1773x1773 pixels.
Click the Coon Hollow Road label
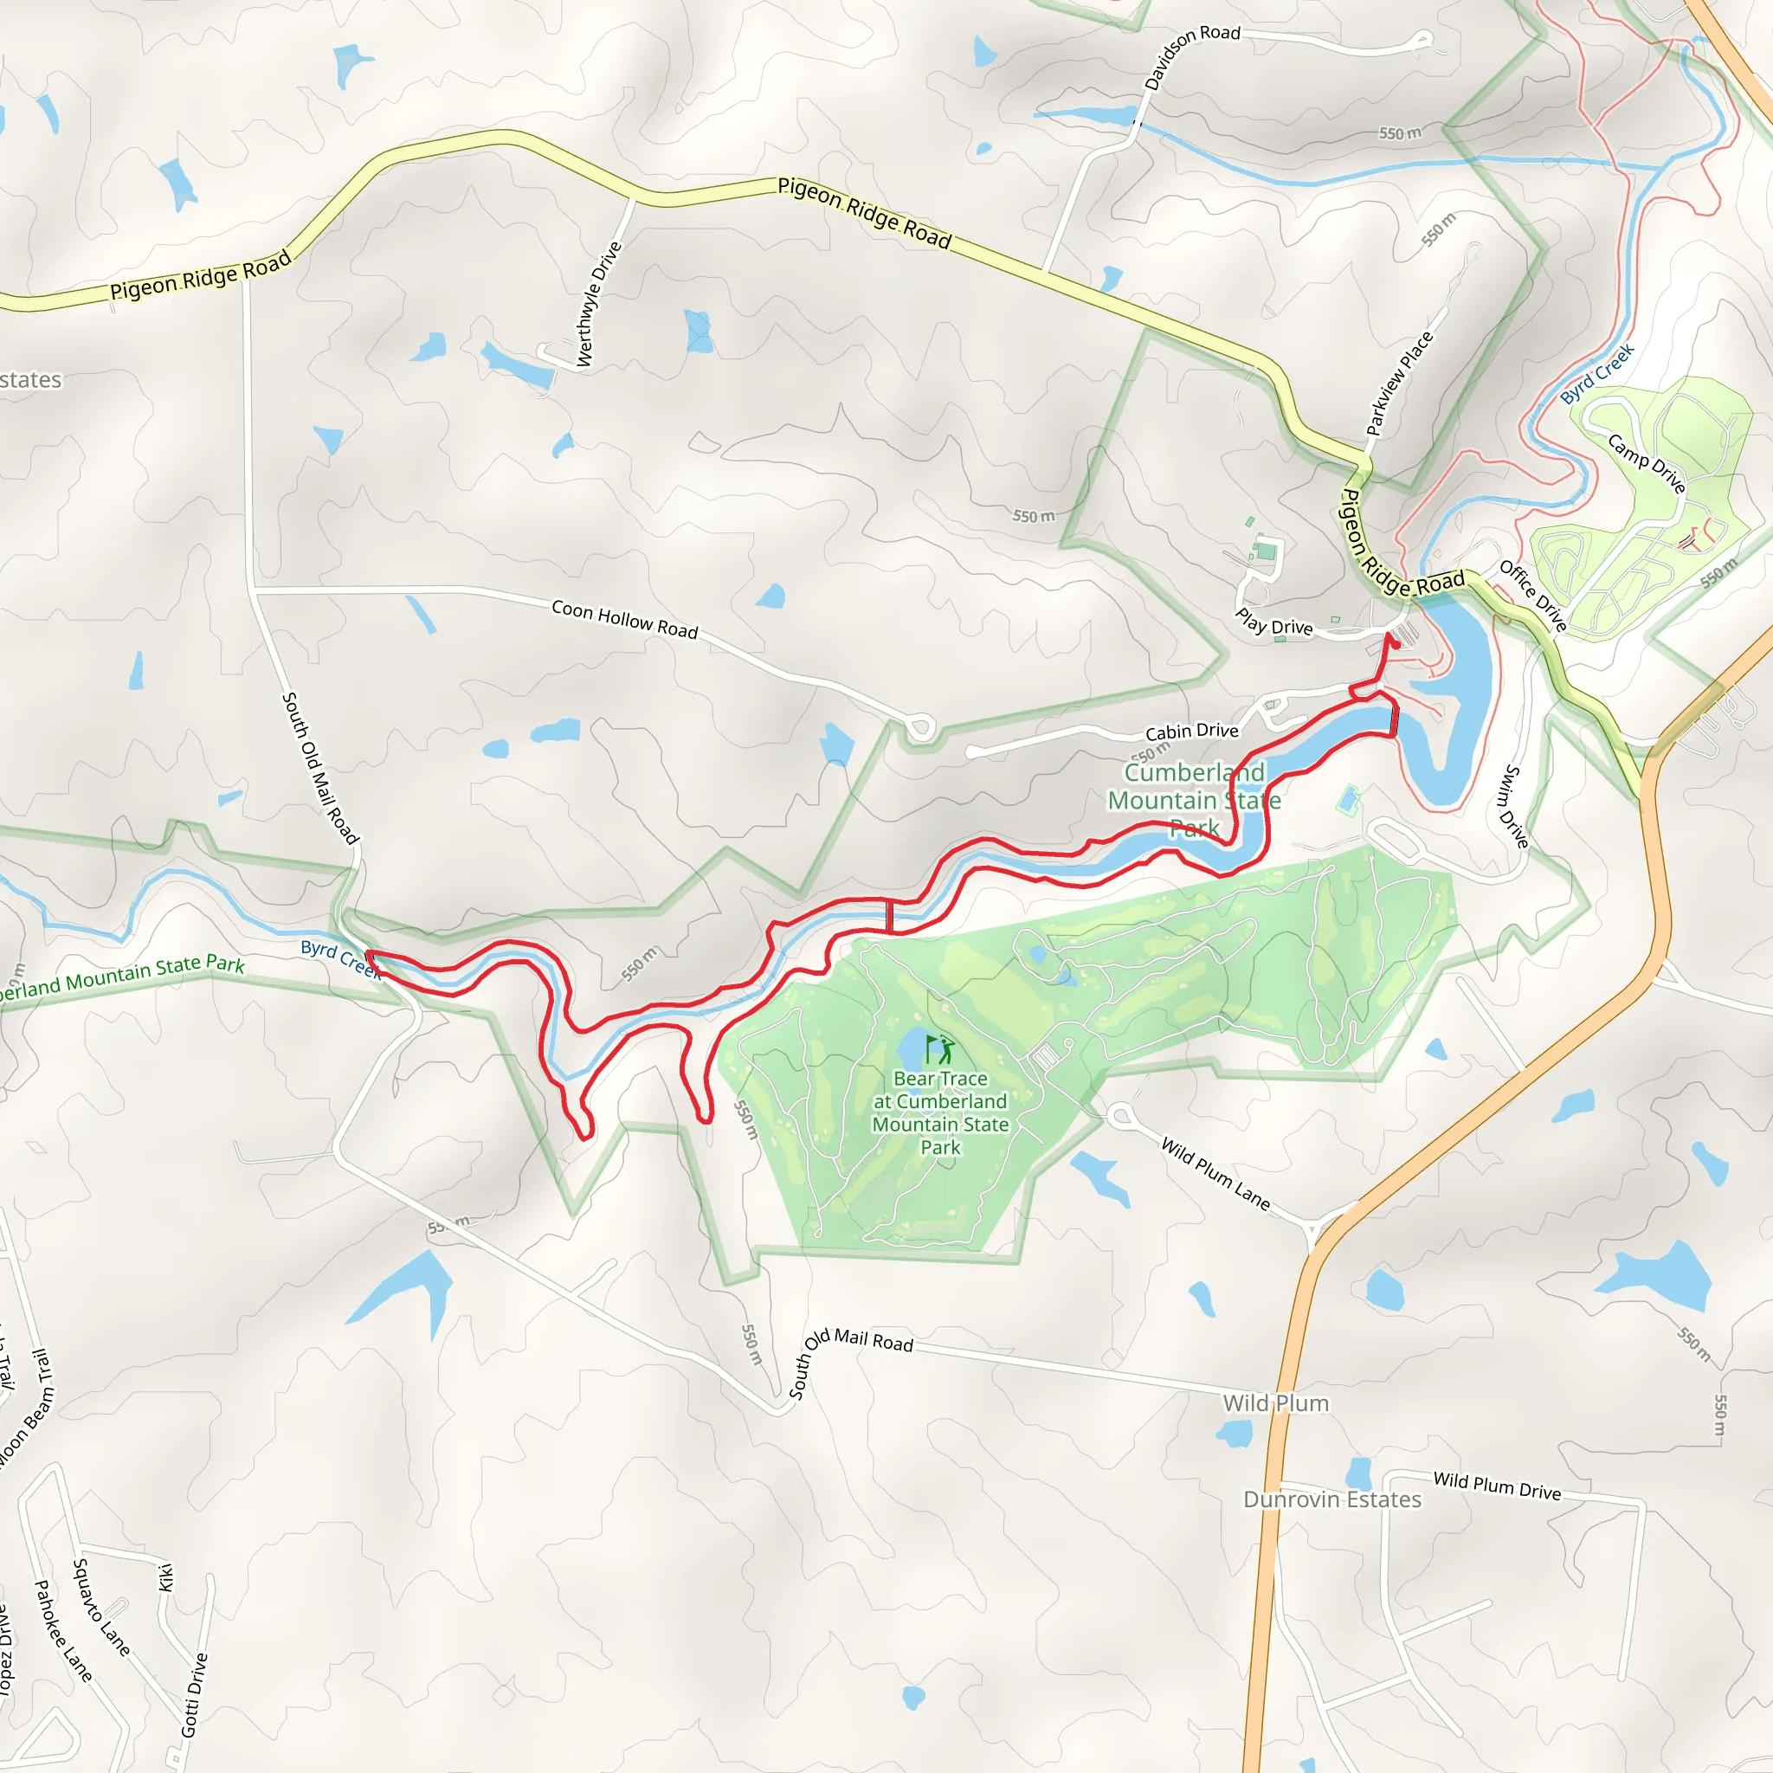click(x=624, y=620)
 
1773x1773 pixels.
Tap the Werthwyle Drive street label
click(x=598, y=304)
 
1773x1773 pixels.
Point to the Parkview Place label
click(x=1400, y=384)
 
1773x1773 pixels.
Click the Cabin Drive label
click(x=1191, y=732)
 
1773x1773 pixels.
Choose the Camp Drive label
click(x=1647, y=463)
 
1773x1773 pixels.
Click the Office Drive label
click(x=1532, y=596)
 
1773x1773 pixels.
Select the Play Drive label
click(x=1273, y=622)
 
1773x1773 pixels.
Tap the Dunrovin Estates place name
click(x=1331, y=1499)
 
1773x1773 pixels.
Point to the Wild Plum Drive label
click(x=1497, y=1486)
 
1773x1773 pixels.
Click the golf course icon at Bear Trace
click(x=939, y=1049)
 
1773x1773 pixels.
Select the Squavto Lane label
click(x=101, y=1607)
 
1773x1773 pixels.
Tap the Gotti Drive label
click(x=195, y=1695)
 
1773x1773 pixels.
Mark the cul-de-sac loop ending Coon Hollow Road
click(x=920, y=728)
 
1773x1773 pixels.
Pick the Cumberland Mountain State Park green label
click(x=1194, y=800)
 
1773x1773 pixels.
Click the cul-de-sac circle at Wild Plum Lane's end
click(x=1120, y=1116)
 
